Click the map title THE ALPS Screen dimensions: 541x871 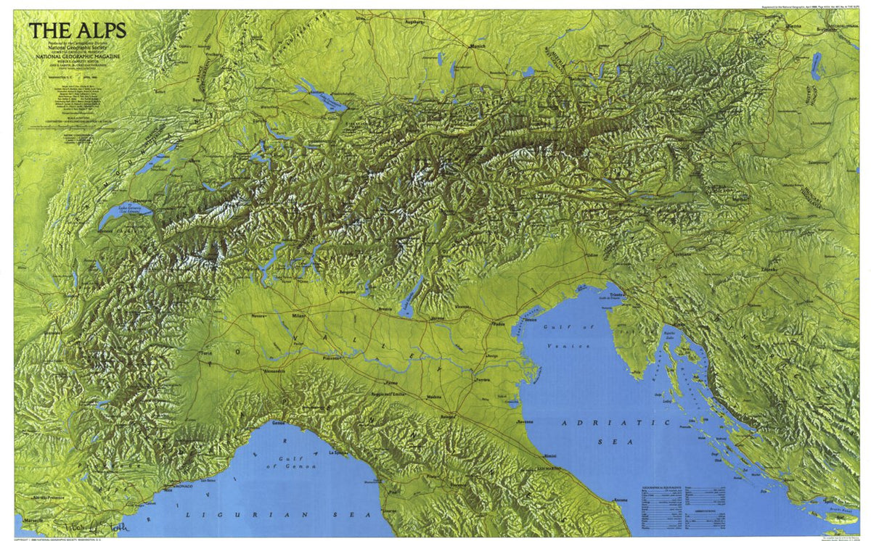tap(78, 30)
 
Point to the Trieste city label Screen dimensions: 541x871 tap(618, 295)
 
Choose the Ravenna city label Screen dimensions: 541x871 tap(525, 421)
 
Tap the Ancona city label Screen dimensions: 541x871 tap(619, 500)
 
